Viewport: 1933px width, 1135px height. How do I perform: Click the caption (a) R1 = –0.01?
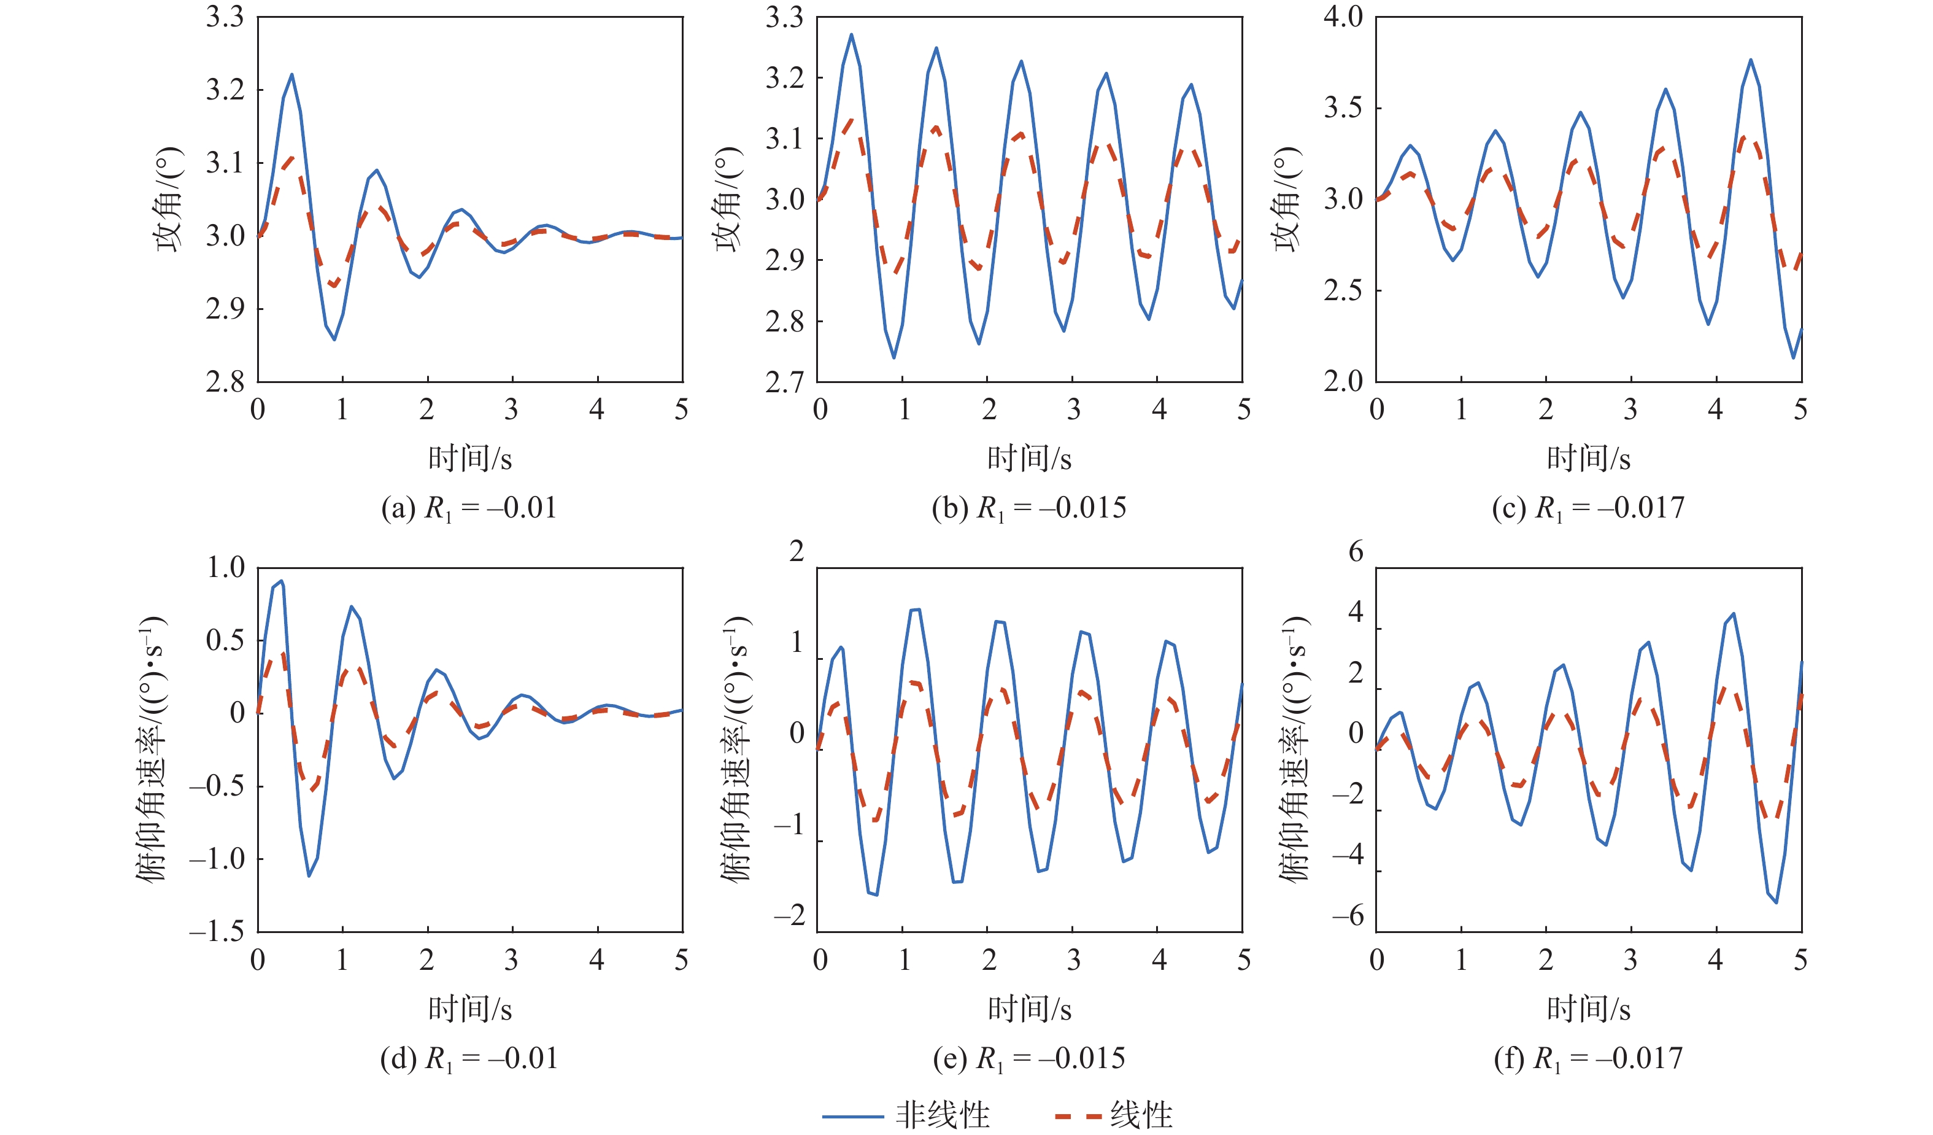click(469, 508)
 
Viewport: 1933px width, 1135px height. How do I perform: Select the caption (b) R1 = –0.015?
click(1028, 508)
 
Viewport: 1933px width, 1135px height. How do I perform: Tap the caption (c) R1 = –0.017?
click(1588, 508)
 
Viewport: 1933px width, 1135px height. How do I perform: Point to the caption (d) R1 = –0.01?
click(469, 1058)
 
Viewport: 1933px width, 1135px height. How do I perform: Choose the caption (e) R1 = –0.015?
click(1028, 1058)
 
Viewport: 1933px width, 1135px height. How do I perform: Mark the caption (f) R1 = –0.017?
click(1588, 1058)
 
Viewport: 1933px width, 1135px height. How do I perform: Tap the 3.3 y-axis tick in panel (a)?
click(224, 17)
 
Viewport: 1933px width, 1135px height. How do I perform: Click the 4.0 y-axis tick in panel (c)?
click(1343, 17)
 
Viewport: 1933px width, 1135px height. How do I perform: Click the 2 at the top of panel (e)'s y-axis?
click(797, 551)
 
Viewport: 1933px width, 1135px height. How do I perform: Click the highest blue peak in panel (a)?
click(292, 74)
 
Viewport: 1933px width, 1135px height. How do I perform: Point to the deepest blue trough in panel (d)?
click(309, 875)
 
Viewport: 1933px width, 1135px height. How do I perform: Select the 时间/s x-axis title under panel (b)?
click(1028, 459)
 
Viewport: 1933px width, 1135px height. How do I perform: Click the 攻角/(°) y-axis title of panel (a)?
click(169, 199)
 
